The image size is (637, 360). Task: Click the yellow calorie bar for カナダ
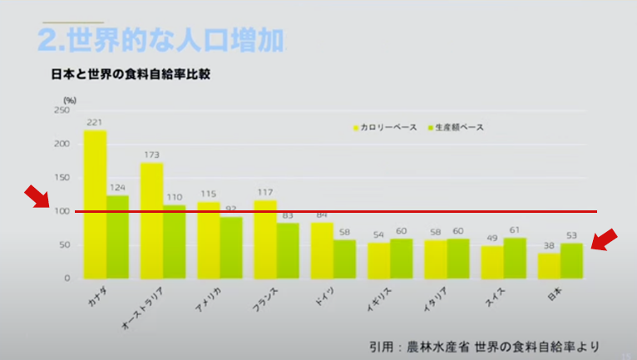click(95, 204)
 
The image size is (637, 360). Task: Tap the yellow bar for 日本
click(548, 265)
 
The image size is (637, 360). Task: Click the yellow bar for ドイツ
click(322, 249)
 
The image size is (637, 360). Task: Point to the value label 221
click(95, 122)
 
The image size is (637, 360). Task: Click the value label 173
click(151, 155)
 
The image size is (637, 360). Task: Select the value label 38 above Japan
click(548, 245)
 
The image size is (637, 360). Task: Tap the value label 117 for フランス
click(265, 193)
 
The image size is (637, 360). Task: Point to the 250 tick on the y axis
click(62, 110)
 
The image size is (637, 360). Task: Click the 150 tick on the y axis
click(62, 177)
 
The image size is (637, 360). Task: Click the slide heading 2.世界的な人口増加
click(160, 39)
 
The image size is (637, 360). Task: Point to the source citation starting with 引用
click(484, 344)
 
